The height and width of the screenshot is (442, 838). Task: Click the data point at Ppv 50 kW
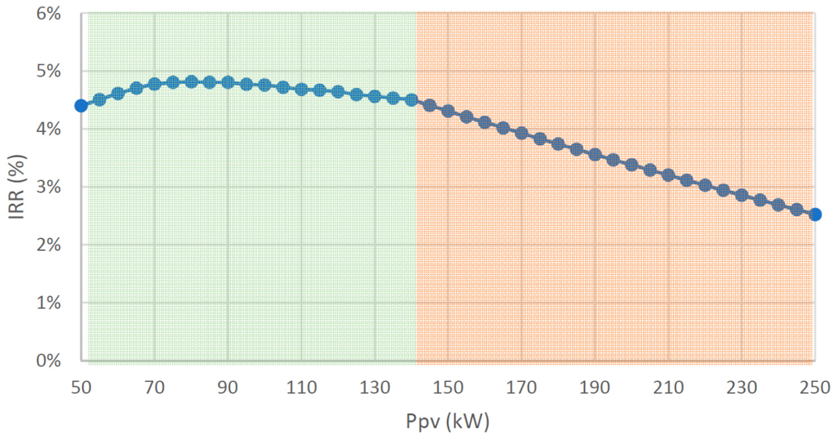pos(81,106)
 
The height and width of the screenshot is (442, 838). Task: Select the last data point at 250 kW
pos(815,214)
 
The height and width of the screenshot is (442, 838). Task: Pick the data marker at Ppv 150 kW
pos(448,111)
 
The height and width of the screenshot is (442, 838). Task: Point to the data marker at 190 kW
pos(595,155)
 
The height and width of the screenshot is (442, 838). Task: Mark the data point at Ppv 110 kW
pos(302,89)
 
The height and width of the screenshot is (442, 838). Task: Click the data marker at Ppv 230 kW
pos(742,195)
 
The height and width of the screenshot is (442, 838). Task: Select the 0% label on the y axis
pos(48,361)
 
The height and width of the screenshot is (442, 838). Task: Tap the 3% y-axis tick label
pos(48,187)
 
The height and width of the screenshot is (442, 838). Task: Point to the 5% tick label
pos(48,71)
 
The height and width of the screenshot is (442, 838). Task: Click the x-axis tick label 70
pos(154,388)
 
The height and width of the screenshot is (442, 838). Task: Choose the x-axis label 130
pos(375,388)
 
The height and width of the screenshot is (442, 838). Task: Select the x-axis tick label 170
pos(521,388)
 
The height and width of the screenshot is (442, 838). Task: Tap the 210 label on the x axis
pos(668,388)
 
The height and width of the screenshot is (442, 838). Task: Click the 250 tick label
pos(815,388)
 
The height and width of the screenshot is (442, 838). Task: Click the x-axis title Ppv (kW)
pos(448,421)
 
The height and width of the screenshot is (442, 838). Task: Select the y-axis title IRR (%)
pos(17,187)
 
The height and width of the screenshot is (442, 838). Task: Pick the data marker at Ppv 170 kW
pos(522,133)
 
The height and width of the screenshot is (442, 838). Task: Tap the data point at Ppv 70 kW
pos(154,84)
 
